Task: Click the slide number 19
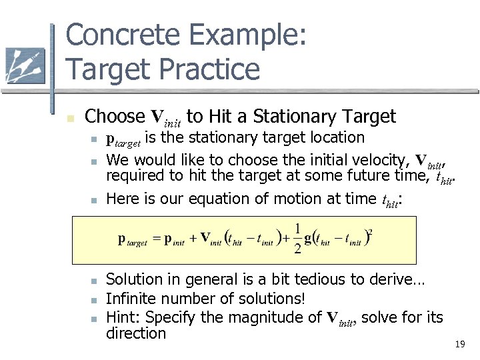[459, 345]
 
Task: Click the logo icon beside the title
[25, 65]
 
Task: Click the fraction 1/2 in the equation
[297, 238]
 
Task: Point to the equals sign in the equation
[156, 239]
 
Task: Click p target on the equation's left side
[133, 240]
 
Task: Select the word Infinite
[131, 299]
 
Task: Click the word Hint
[122, 317]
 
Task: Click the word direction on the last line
[136, 333]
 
